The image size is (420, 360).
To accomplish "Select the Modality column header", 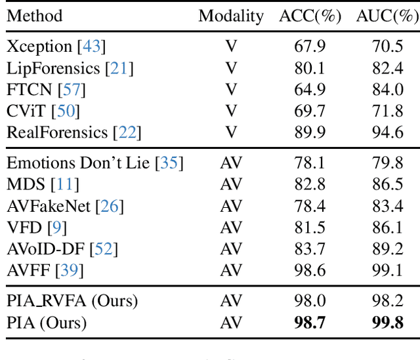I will click(231, 16).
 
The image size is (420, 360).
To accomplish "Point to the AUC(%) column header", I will click(387, 16).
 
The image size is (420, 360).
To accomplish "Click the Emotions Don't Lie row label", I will click(80, 163).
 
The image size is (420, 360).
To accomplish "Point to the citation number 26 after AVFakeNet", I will click(110, 207).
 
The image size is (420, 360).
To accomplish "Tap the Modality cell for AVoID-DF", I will click(231, 250).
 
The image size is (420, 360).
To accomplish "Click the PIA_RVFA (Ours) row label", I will click(72, 302).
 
